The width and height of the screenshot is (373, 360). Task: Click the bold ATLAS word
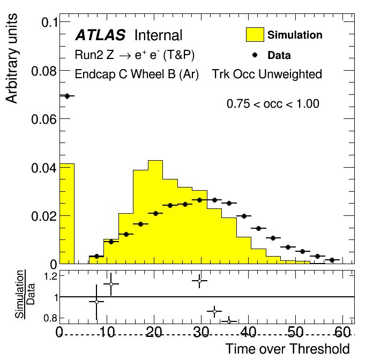(x=100, y=36)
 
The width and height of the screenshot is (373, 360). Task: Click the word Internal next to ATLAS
(x=158, y=36)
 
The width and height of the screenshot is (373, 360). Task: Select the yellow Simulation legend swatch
(x=255, y=35)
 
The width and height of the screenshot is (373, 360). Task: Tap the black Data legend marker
(x=255, y=55)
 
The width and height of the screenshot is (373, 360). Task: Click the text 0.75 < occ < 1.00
(x=273, y=104)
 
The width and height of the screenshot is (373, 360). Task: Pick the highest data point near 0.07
(x=67, y=96)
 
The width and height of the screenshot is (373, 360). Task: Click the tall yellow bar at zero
(x=67, y=214)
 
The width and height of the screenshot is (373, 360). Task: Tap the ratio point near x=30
(x=199, y=280)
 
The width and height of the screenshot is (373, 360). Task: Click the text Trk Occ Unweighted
(x=267, y=74)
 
